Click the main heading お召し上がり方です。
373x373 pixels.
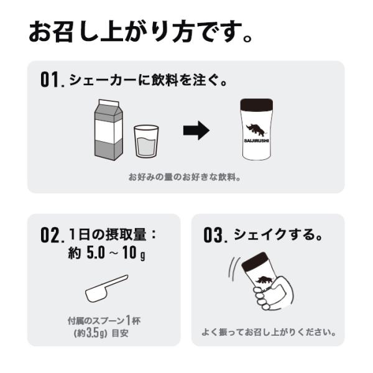point(140,32)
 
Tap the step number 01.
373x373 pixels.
point(52,80)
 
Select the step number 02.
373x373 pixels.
point(52,235)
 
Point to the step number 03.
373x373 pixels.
point(215,235)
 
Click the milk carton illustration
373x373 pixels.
point(109,130)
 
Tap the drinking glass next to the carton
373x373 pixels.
point(146,141)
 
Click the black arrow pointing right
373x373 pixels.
point(196,131)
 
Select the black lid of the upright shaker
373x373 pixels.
point(256,104)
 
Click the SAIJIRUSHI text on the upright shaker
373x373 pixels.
point(256,140)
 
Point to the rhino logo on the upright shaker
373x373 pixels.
point(256,130)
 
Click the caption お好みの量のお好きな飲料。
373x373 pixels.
point(185,177)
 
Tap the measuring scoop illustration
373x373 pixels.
point(106,288)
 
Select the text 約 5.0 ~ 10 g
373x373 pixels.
point(106,252)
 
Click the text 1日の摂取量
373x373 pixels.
point(108,234)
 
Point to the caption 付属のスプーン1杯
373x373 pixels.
point(104,321)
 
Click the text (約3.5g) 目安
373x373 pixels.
point(101,333)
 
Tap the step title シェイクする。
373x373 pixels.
point(279,234)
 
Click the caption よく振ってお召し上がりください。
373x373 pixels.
point(269,332)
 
